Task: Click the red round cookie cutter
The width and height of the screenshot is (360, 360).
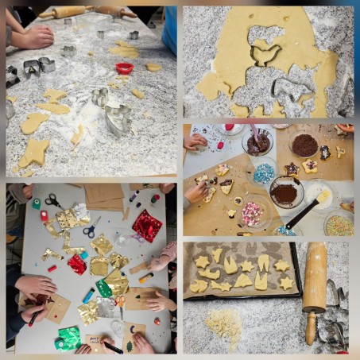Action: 124,68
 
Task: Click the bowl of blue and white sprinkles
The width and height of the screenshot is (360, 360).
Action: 264,172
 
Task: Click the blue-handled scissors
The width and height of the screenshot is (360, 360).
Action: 91,230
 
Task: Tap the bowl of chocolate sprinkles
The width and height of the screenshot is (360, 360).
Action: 304,145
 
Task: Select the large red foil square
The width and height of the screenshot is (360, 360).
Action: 147,225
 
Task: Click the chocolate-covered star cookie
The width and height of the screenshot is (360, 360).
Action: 292,169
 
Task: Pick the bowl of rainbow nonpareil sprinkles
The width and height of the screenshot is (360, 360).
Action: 340,223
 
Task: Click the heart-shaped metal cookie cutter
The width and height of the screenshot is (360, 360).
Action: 116,118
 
